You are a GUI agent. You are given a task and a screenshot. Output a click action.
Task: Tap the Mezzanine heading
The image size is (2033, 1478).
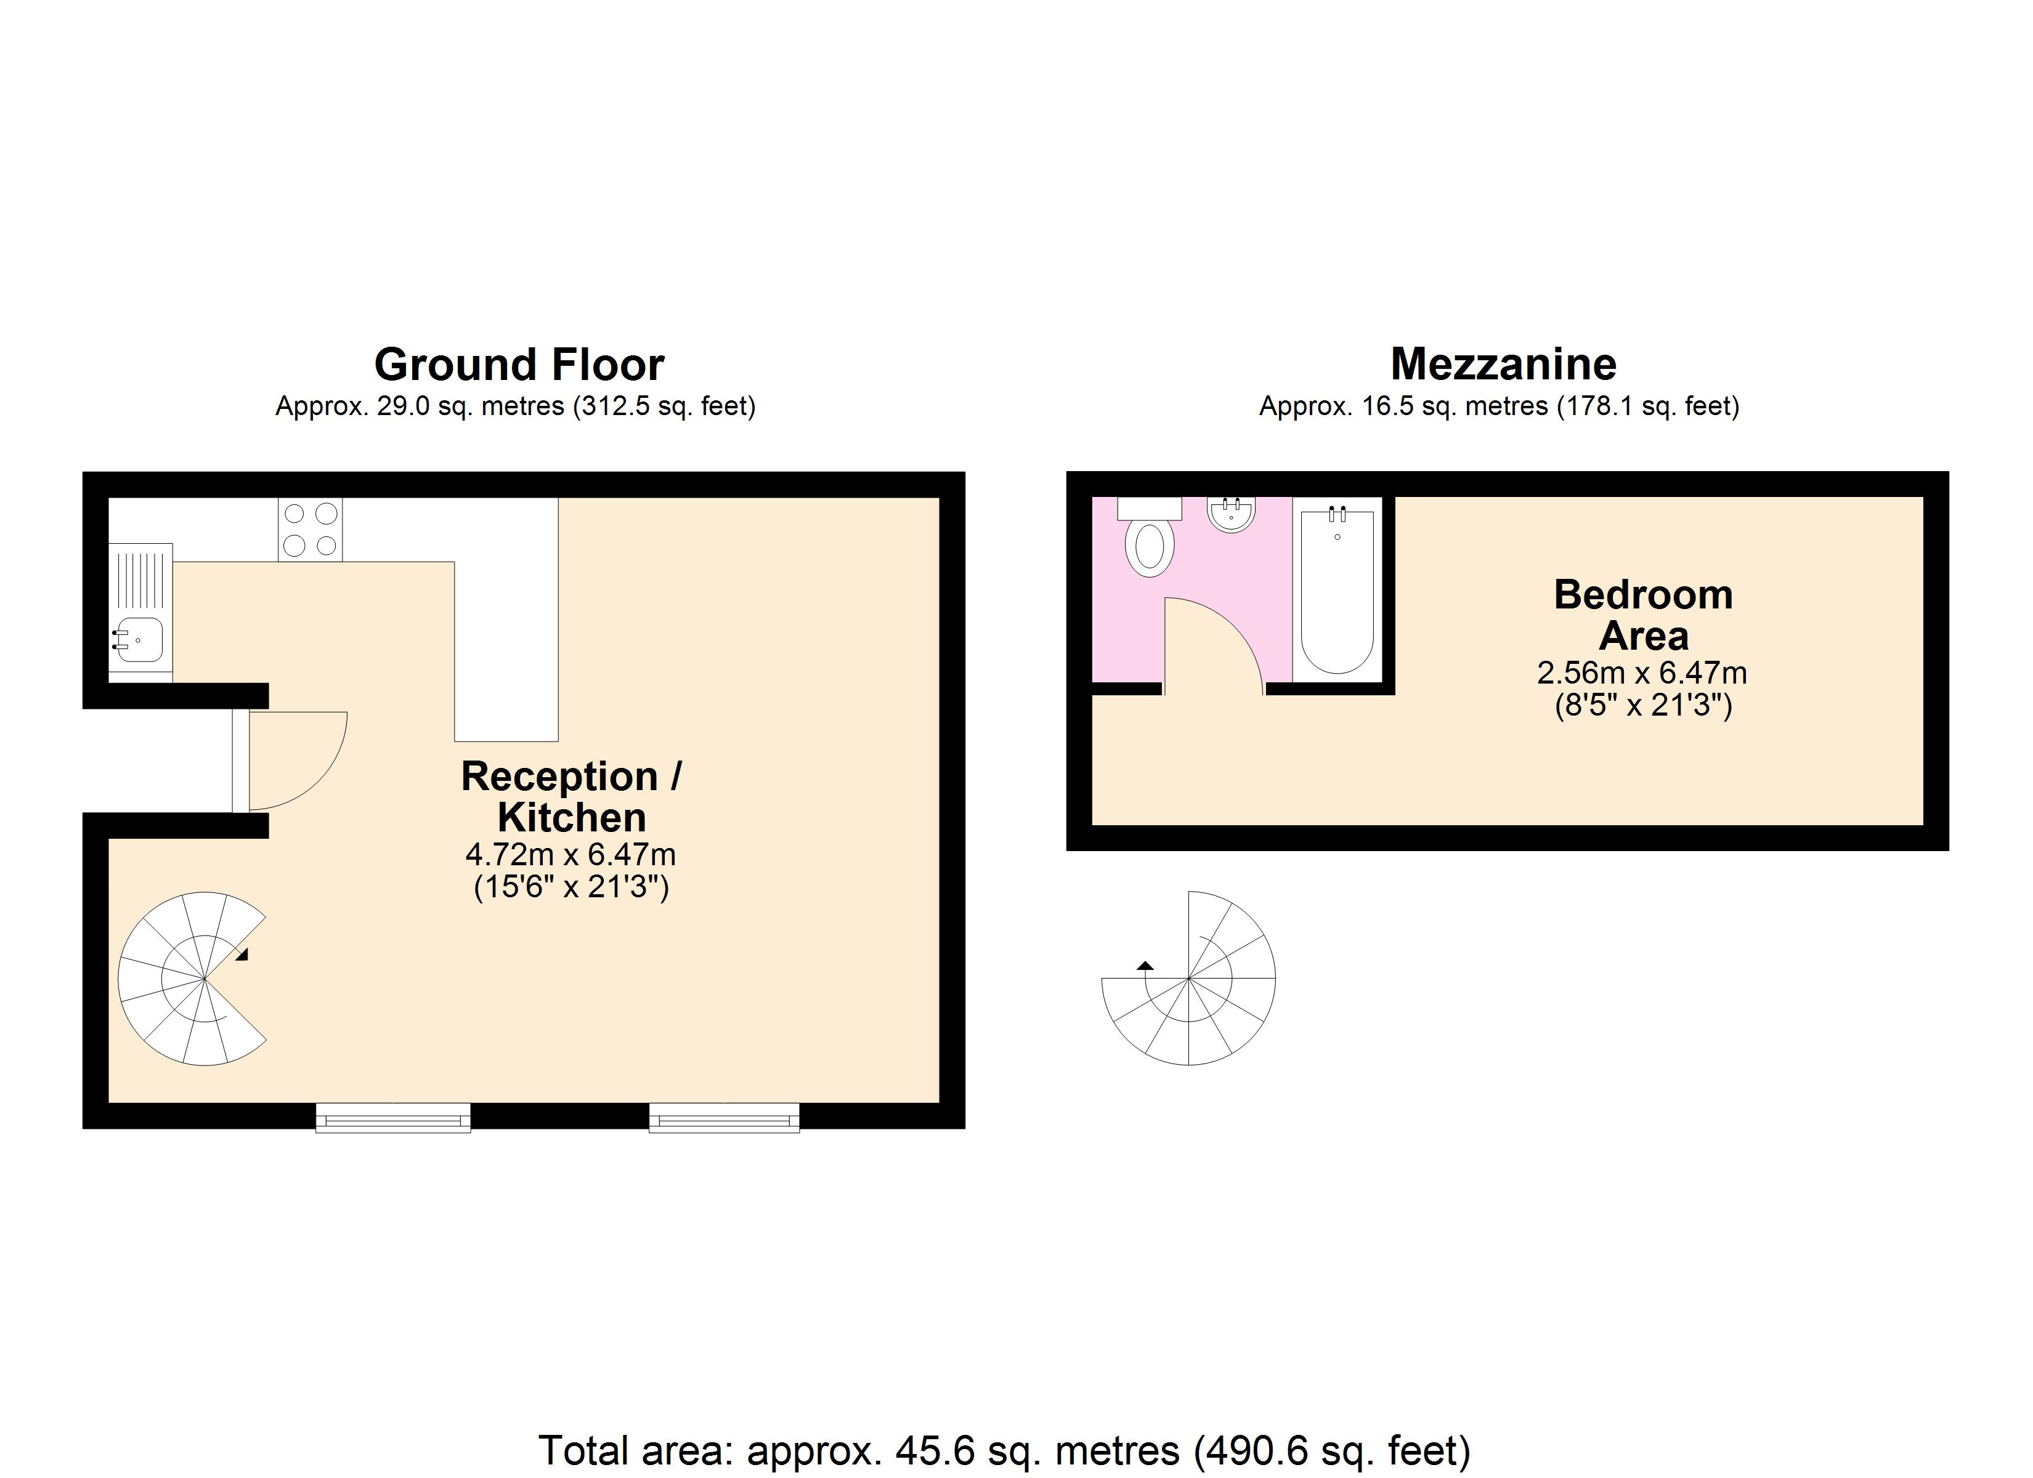tap(1503, 364)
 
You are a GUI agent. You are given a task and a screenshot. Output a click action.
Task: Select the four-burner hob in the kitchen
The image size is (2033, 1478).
tap(310, 529)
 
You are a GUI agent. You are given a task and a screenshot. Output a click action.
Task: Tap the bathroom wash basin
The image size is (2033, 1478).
tap(1231, 514)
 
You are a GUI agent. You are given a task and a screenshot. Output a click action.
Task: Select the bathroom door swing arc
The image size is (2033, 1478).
tap(1219, 641)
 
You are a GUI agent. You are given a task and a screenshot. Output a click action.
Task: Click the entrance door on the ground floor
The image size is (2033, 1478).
tap(291, 760)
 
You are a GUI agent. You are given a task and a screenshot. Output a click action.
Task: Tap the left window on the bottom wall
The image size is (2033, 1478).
tap(392, 1118)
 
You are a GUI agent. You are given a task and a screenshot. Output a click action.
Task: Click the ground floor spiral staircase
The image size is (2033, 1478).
tap(193, 979)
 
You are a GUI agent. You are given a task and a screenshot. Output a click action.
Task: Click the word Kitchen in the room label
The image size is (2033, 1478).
tap(571, 817)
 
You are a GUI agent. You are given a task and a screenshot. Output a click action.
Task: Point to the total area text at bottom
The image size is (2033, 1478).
tap(1004, 1449)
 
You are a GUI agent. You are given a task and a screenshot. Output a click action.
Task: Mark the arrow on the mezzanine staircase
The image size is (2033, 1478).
tap(1145, 965)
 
